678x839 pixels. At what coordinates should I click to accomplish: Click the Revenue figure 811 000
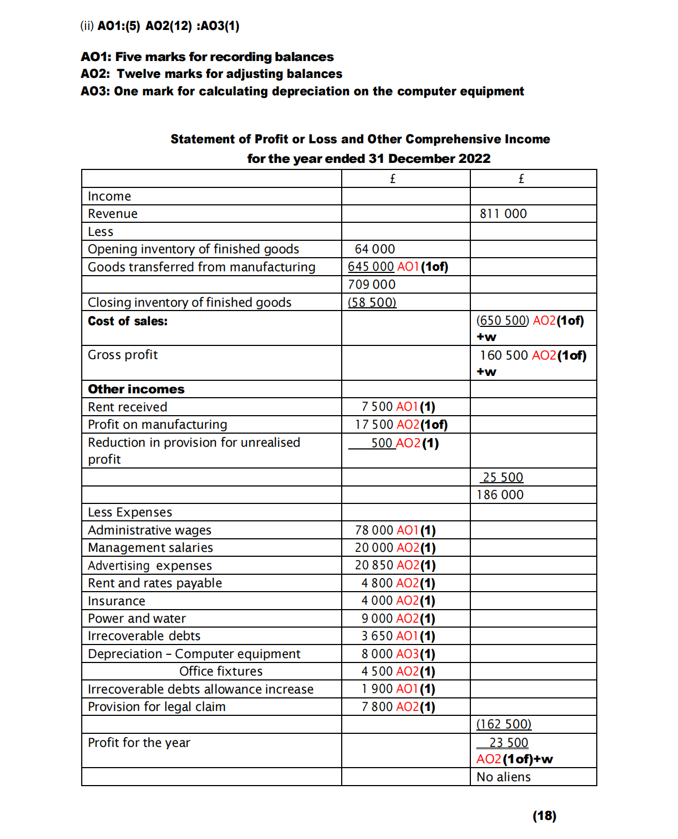tap(503, 214)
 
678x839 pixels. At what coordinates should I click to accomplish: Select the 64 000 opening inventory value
tap(375, 249)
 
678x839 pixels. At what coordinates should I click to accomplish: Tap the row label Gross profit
tap(123, 355)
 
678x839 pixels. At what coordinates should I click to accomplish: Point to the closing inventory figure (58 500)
tap(372, 302)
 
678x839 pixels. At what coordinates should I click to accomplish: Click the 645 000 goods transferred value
tap(371, 267)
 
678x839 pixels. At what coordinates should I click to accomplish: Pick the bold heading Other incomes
tap(136, 389)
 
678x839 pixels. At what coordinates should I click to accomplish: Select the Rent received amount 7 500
tap(377, 407)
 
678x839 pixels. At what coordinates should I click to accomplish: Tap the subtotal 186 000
tap(500, 495)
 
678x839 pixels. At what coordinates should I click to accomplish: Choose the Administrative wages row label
tap(149, 530)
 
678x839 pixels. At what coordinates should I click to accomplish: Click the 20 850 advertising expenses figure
tap(374, 566)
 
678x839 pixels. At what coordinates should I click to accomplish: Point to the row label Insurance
tap(117, 601)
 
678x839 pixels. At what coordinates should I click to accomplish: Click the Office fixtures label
tap(221, 671)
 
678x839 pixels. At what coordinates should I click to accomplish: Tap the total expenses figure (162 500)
tap(504, 724)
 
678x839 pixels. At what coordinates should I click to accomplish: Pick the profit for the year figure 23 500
tap(508, 743)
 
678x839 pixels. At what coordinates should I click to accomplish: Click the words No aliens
tap(504, 777)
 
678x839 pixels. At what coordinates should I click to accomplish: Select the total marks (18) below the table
tap(544, 816)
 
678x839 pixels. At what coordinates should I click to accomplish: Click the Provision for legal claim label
tap(156, 707)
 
